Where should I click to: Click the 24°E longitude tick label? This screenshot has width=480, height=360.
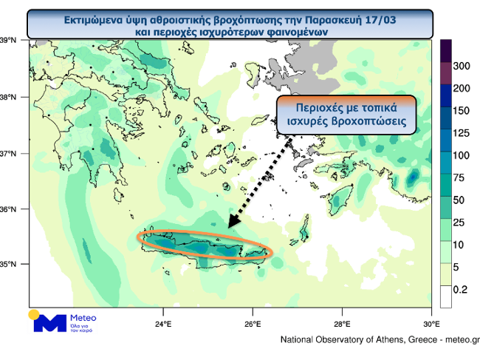pyautogui.click(x=163, y=324)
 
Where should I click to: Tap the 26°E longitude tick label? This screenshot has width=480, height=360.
pyautogui.click(x=253, y=324)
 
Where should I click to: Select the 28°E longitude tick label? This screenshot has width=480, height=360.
pyautogui.click(x=342, y=324)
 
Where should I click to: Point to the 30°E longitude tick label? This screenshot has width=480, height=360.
pyautogui.click(x=432, y=324)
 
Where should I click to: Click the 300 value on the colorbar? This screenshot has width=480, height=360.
pyautogui.click(x=462, y=67)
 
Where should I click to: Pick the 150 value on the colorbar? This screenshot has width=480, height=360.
pyautogui.click(x=462, y=111)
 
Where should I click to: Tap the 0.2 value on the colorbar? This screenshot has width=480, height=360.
pyautogui.click(x=460, y=289)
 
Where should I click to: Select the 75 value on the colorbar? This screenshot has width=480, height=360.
pyautogui.click(x=459, y=177)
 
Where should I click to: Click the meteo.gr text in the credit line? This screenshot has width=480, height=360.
pyautogui.click(x=459, y=340)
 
